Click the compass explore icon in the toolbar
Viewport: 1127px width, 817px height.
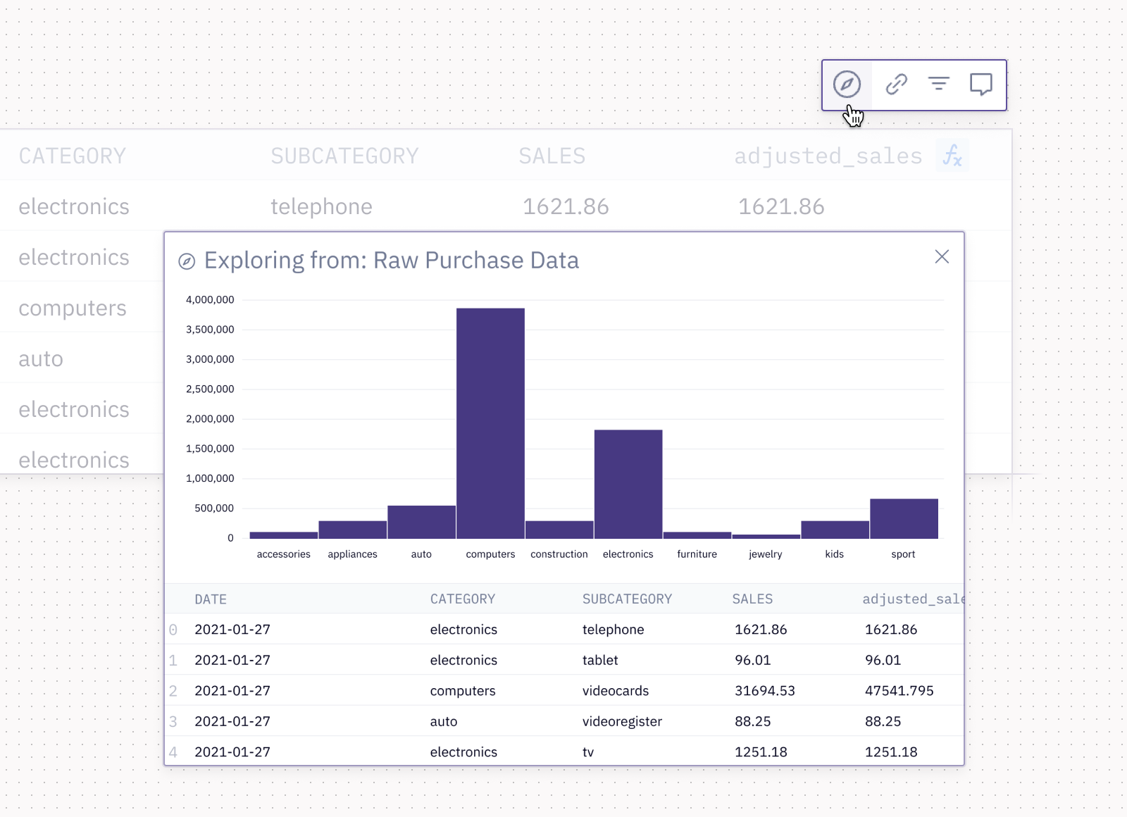point(847,85)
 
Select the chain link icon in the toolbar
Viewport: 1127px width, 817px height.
point(896,85)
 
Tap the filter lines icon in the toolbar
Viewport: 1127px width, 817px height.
point(938,85)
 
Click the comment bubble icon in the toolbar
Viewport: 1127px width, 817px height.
point(980,85)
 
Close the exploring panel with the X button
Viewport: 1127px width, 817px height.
point(942,257)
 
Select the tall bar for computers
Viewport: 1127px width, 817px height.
point(490,423)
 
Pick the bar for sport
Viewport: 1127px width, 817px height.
point(904,518)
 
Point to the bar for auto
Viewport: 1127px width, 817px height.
point(421,522)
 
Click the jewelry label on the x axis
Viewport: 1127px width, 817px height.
point(765,554)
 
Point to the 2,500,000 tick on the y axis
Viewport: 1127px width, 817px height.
point(210,389)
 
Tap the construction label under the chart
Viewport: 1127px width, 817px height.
point(559,554)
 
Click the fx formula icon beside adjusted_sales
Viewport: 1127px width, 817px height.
point(952,156)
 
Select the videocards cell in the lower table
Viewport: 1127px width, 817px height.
point(615,691)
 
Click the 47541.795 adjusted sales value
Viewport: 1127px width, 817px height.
point(899,691)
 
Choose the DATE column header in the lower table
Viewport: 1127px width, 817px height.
point(211,599)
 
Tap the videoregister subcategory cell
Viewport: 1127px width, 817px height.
point(622,721)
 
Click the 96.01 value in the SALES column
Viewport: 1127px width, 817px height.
point(752,660)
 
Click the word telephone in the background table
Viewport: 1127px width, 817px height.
point(321,206)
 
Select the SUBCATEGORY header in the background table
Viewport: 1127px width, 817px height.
point(344,156)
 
